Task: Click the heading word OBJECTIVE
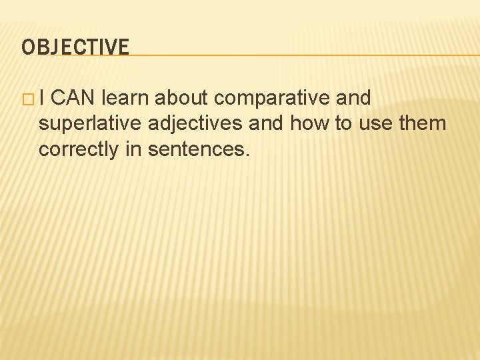[x=75, y=47]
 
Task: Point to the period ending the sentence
[x=247, y=155]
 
